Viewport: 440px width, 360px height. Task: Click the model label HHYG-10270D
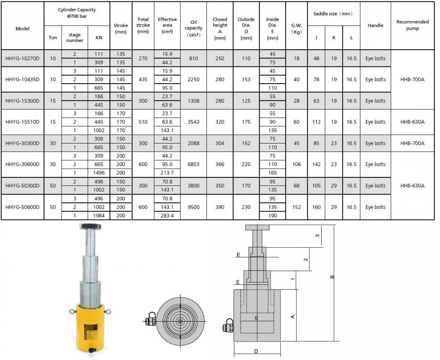(x=22, y=58)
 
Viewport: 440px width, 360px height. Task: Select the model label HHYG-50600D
(x=22, y=207)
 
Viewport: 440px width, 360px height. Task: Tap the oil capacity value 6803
(x=193, y=164)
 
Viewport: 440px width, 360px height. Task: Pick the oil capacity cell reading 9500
(x=193, y=207)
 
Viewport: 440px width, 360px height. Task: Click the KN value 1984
(x=99, y=216)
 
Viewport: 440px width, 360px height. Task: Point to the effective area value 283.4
(x=167, y=216)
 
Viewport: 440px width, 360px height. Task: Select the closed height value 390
(x=220, y=207)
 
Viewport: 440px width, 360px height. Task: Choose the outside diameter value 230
(x=246, y=207)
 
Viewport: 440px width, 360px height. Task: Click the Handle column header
(x=375, y=26)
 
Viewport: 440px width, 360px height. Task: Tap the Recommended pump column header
(x=412, y=25)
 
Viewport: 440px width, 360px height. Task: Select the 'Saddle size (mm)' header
(x=333, y=14)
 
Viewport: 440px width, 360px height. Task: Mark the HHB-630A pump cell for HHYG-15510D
(x=412, y=122)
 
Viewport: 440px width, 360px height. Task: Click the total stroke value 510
(x=143, y=122)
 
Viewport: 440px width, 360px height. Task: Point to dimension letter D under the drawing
(x=256, y=351)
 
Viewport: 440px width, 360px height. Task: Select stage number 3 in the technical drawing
(x=317, y=236)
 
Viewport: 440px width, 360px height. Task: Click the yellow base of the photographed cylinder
(x=92, y=325)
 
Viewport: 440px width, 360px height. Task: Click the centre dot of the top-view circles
(x=180, y=321)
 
